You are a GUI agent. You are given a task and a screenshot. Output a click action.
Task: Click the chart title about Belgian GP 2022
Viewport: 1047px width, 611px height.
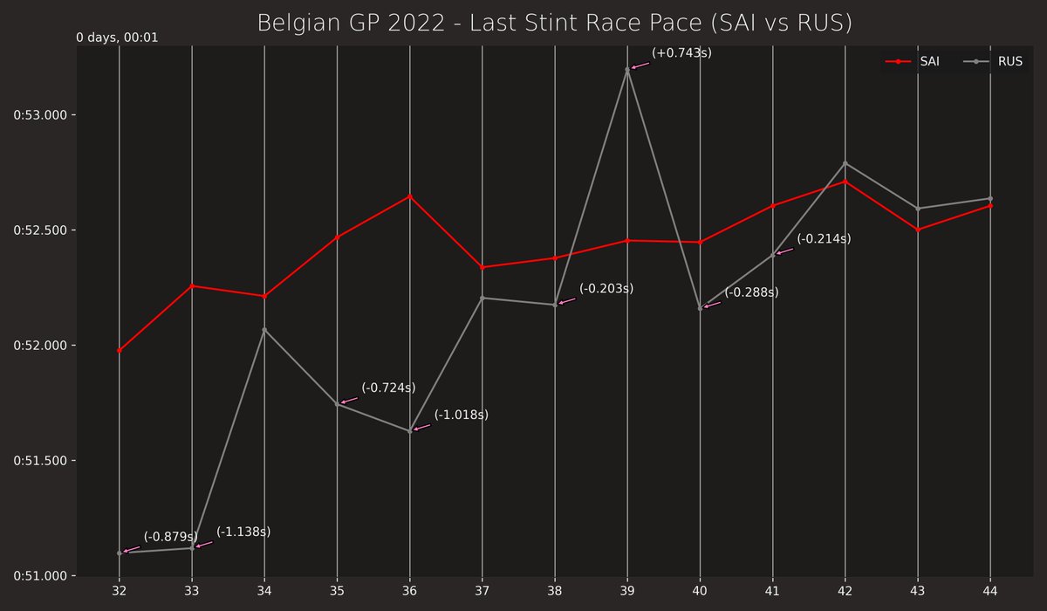554,23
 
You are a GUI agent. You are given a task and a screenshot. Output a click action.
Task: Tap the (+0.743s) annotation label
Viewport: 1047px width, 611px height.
681,53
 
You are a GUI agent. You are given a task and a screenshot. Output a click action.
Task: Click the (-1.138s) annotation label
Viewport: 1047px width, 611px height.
243,532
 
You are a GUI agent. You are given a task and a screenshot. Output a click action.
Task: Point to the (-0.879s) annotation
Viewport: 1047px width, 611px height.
171,537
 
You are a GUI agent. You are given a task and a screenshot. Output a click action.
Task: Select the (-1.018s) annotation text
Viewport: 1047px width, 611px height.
462,415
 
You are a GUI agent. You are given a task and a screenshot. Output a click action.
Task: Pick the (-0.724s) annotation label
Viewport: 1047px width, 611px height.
388,388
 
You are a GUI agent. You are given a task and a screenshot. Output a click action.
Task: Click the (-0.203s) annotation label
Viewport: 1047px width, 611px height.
606,288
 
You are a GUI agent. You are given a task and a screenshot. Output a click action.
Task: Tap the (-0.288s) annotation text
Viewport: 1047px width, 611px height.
751,292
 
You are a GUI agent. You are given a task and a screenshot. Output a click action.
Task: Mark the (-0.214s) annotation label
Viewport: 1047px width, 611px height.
824,238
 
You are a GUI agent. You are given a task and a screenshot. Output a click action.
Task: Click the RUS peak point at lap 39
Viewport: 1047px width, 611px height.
627,70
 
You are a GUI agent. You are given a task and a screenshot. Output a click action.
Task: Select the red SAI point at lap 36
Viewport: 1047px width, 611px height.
410,196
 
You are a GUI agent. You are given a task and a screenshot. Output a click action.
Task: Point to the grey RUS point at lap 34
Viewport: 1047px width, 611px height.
264,330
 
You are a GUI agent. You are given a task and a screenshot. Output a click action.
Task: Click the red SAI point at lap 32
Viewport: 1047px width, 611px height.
120,351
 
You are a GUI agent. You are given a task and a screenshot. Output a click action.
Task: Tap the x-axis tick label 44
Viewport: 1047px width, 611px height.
990,591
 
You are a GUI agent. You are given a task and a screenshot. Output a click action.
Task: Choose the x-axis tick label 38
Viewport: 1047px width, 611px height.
555,591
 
